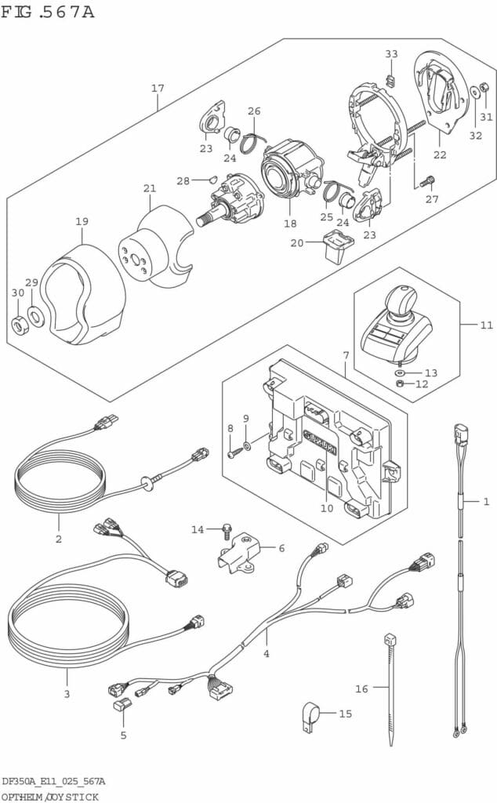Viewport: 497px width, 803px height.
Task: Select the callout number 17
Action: [x=158, y=89]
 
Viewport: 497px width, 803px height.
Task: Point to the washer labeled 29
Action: [x=35, y=318]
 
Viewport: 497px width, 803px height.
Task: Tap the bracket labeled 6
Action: [x=238, y=550]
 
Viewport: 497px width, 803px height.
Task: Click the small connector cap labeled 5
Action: [x=122, y=704]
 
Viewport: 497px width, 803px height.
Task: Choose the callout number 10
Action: [x=326, y=508]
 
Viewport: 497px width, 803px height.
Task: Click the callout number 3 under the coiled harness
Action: [x=67, y=694]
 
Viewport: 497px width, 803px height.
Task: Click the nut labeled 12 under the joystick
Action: [x=401, y=384]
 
